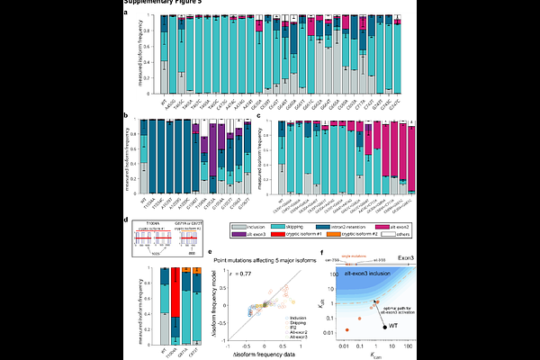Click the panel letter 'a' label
(x=125, y=12)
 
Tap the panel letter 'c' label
(x=261, y=114)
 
